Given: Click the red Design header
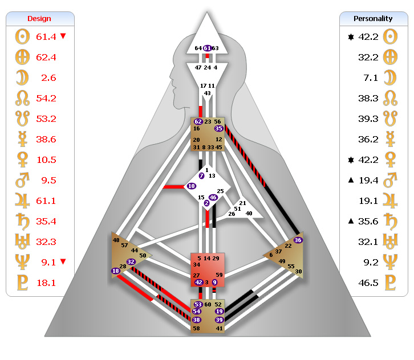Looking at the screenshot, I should (x=39, y=19).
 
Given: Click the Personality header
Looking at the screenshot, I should (x=374, y=19).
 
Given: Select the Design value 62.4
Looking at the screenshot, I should (x=46, y=57).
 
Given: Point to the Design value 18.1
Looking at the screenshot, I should (x=46, y=283).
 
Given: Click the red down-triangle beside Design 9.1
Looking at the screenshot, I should (x=63, y=261).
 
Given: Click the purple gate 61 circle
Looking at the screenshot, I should (x=207, y=48).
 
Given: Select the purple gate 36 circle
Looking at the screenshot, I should (x=298, y=240).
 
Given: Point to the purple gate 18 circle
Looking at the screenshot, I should (x=116, y=271).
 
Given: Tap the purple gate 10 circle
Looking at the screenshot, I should (x=191, y=186).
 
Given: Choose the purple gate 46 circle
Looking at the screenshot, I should (x=213, y=197).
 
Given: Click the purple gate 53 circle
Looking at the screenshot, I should (x=197, y=304).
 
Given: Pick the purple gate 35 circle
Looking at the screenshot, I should (x=218, y=129).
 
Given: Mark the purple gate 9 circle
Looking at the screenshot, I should (x=215, y=282).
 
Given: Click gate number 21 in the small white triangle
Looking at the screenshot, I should (x=242, y=203).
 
